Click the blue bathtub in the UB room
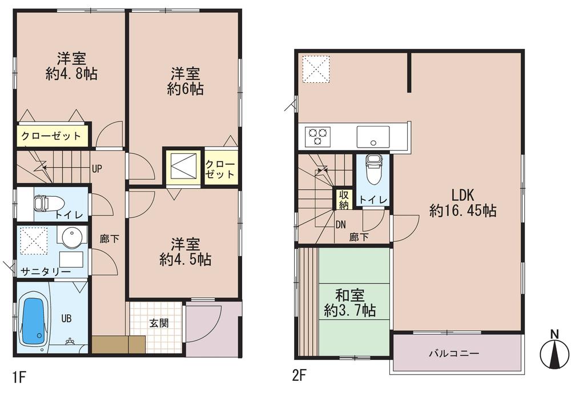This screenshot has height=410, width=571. [x=34, y=322]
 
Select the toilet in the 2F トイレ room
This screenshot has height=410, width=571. [x=373, y=171]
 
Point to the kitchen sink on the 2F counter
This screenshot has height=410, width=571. [x=373, y=137]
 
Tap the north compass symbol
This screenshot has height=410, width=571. [x=554, y=352]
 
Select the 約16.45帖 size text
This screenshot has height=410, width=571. [x=463, y=210]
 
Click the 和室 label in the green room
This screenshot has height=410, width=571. [x=349, y=295]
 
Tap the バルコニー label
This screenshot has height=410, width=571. [x=454, y=353]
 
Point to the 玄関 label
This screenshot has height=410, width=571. [x=159, y=323]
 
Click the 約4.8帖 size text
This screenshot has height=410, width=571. [x=71, y=74]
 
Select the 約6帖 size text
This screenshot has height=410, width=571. [x=186, y=89]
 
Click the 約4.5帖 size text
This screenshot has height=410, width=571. [x=186, y=259]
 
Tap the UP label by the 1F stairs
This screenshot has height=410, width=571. [x=97, y=168]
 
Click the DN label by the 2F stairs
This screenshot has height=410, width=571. [x=341, y=224]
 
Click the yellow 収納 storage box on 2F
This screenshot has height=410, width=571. [x=343, y=200]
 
